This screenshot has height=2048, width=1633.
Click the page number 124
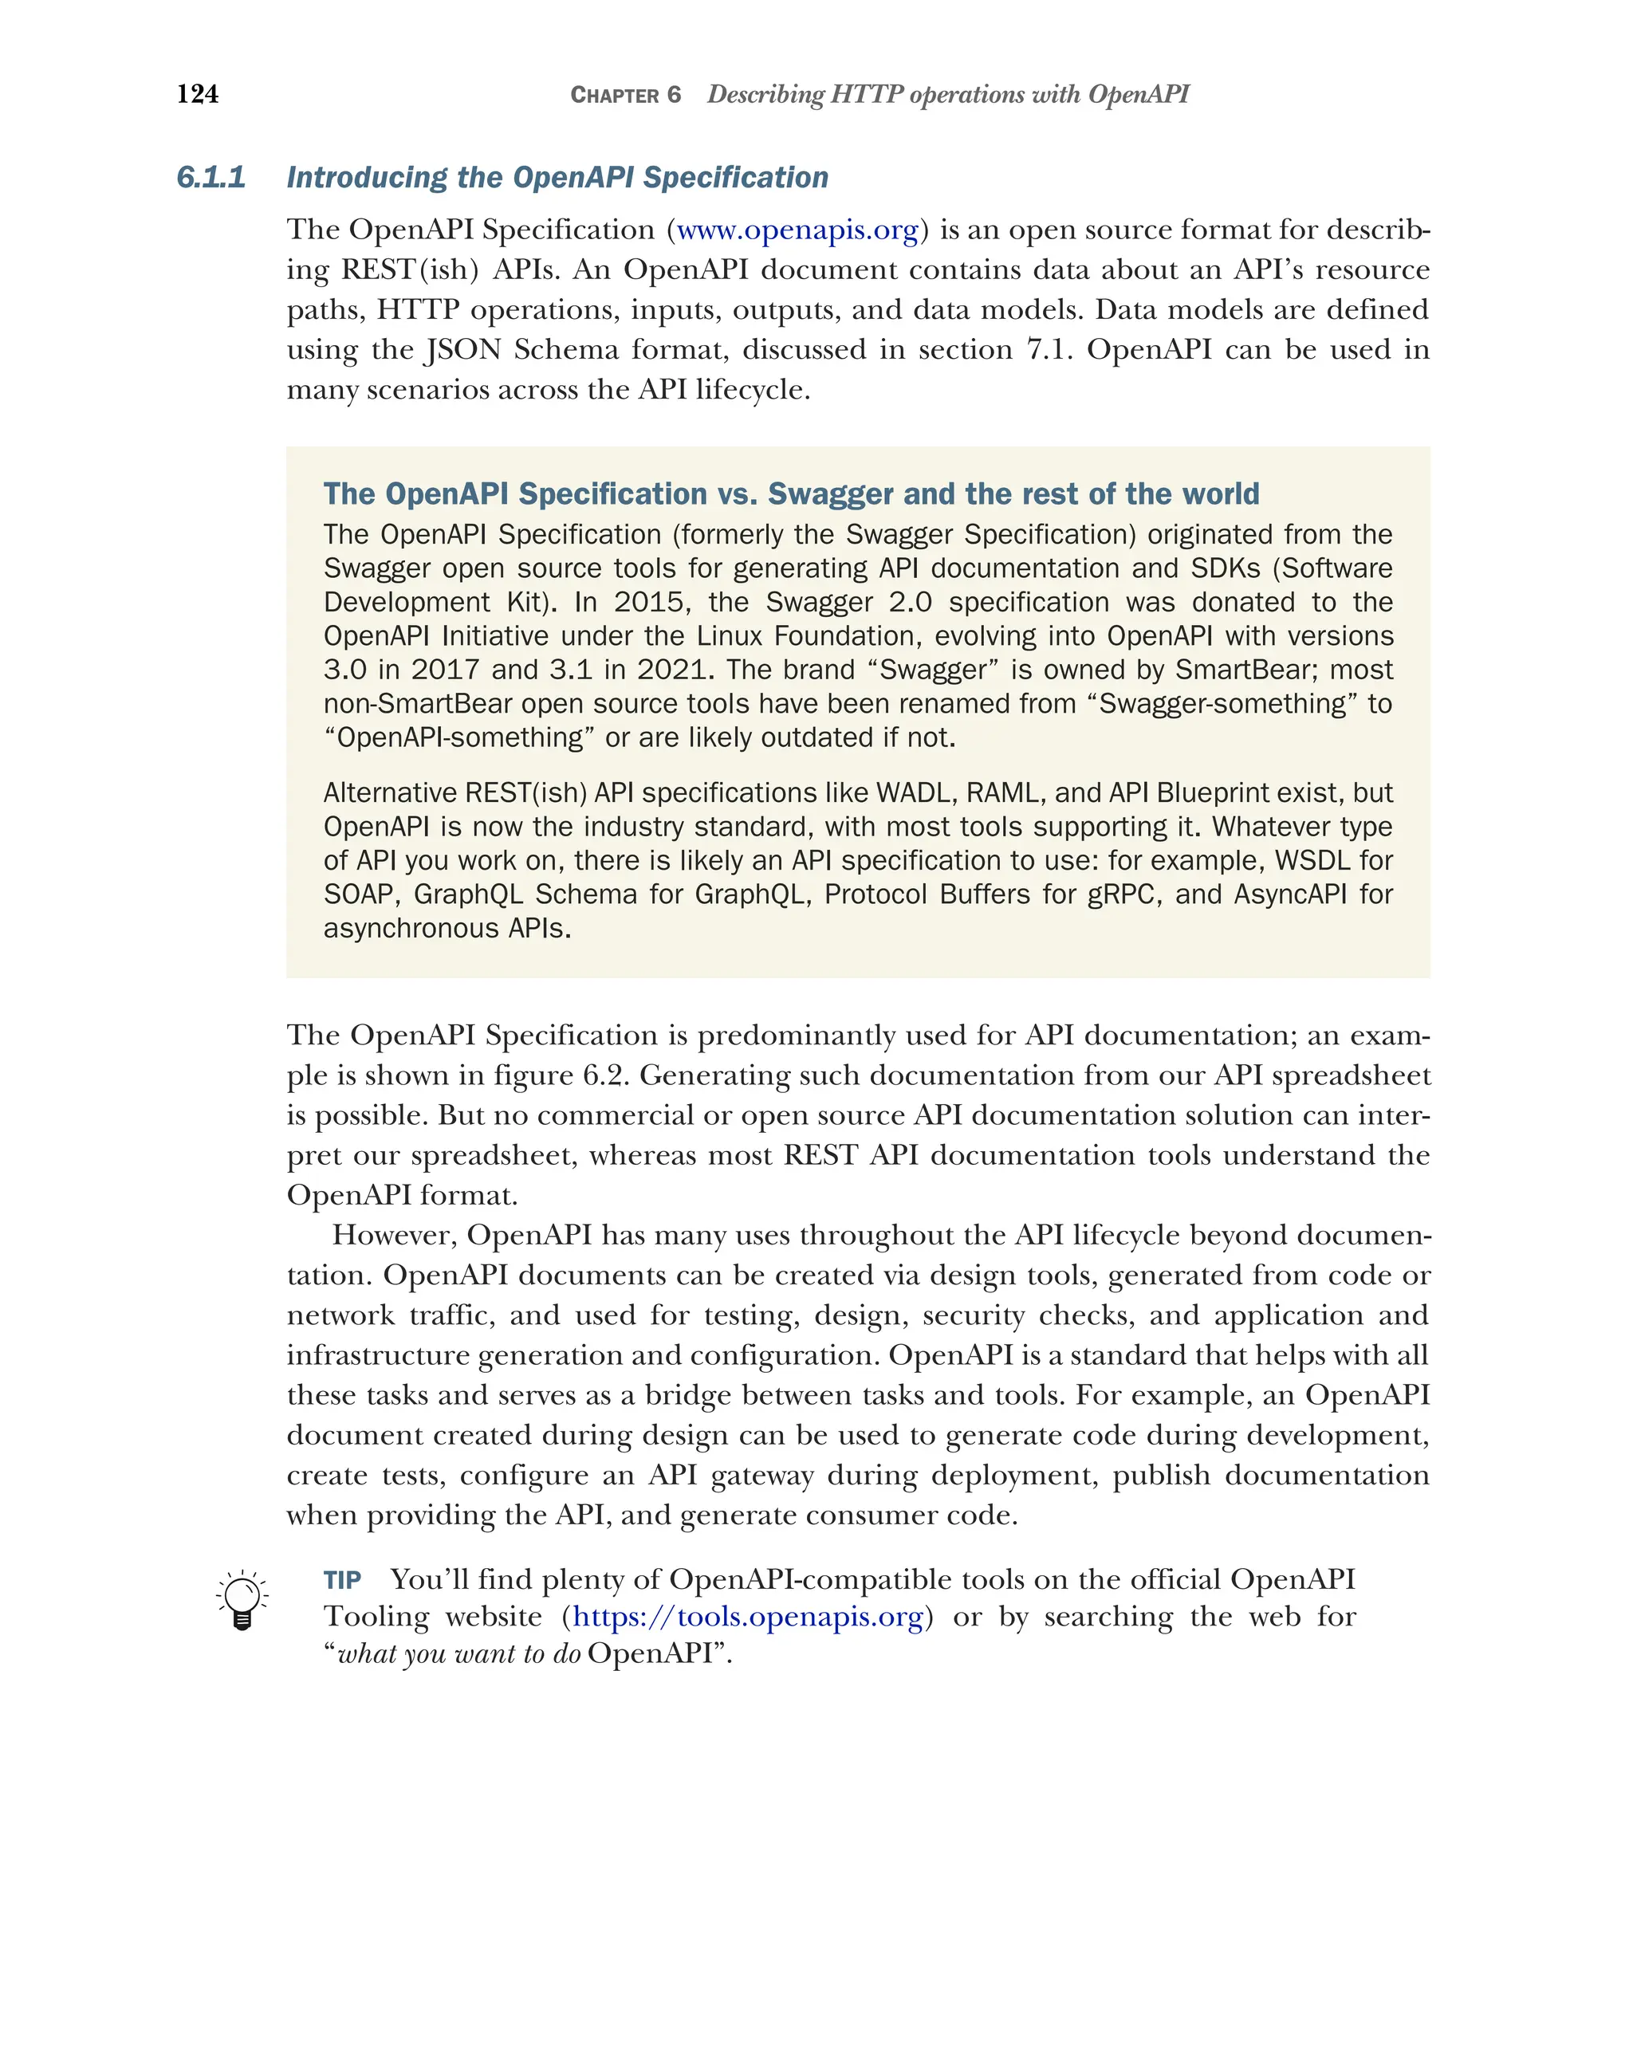tap(198, 94)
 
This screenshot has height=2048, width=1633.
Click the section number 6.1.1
tap(211, 178)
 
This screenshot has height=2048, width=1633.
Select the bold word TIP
tap(342, 1581)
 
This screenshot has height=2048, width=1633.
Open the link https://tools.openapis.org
tap(748, 1617)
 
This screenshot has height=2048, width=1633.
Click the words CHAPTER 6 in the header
tap(625, 95)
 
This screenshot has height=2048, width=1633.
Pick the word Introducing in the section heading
tap(367, 178)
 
